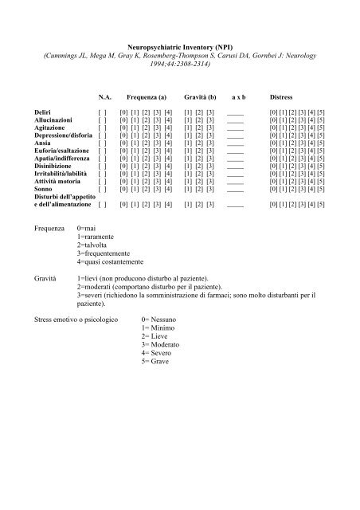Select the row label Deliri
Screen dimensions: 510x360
[x=44, y=112]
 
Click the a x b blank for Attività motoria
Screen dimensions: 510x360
[x=235, y=182]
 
